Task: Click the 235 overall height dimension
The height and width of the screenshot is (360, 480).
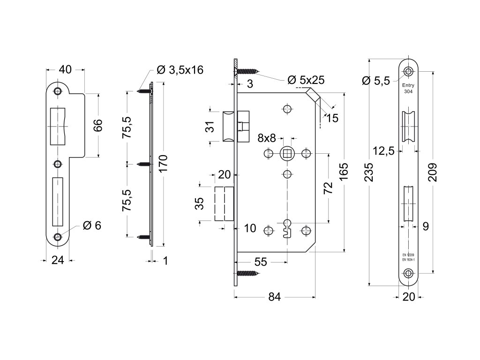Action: pos(370,172)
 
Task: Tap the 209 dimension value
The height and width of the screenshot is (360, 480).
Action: pos(434,172)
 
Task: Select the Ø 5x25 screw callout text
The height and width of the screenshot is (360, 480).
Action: pos(306,80)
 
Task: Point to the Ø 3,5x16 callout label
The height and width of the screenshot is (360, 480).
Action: pos(180,70)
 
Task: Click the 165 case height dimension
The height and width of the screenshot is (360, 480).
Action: pos(344,172)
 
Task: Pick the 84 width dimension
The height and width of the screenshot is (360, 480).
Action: pos(274,297)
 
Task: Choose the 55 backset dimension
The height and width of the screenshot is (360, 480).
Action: pos(261,262)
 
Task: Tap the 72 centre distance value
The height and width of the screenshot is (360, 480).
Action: pos(328,187)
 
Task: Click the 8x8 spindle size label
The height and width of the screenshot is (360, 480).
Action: pos(266,138)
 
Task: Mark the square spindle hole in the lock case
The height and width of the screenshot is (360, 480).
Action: pos(287,153)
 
